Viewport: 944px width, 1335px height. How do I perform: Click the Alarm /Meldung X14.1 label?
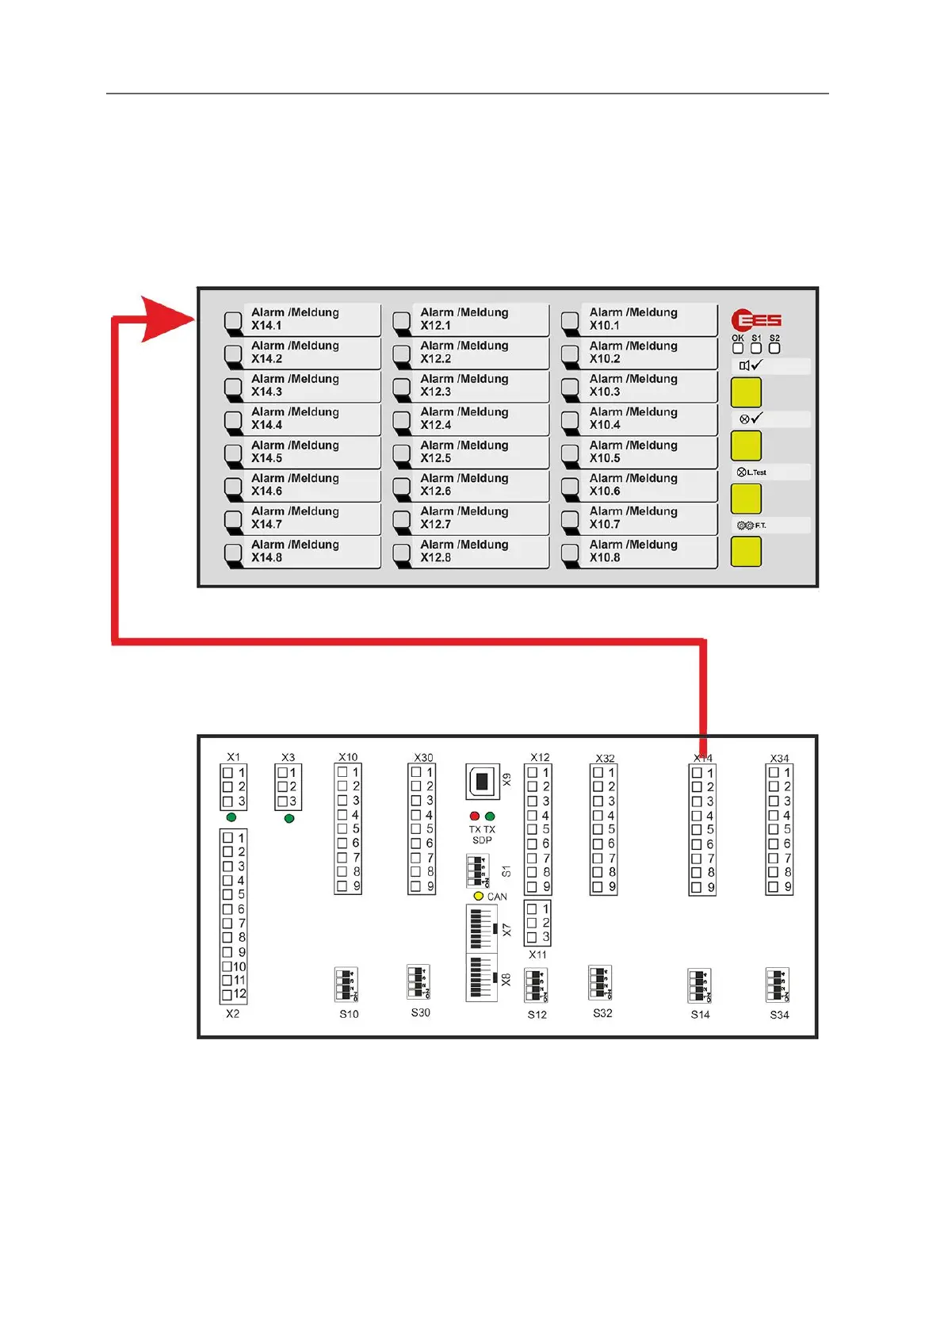(295, 319)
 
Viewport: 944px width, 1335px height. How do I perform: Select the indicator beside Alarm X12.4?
(402, 419)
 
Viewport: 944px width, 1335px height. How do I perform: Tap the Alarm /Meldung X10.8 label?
(633, 551)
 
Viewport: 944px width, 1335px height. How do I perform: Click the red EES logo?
(756, 320)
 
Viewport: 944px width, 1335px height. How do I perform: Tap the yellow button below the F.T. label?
(746, 552)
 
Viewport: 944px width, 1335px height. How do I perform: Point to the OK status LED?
(738, 348)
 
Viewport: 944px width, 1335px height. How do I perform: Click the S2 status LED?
(774, 348)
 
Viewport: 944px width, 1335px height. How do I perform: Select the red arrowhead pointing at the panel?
(166, 319)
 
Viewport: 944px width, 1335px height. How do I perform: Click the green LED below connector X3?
(289, 818)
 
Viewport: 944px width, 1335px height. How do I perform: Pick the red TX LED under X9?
(475, 816)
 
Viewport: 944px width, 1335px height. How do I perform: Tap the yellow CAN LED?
(478, 896)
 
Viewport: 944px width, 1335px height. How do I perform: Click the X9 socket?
(481, 782)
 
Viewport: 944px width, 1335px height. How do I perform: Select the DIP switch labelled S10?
(346, 985)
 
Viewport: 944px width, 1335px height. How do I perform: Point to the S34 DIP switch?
(778, 985)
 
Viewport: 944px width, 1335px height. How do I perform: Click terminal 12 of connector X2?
(227, 994)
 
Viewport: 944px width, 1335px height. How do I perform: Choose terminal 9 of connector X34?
(774, 887)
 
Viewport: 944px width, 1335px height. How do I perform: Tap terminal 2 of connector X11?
(532, 923)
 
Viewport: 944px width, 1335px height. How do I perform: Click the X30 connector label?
(423, 758)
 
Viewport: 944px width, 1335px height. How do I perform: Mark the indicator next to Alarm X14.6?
(233, 486)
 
